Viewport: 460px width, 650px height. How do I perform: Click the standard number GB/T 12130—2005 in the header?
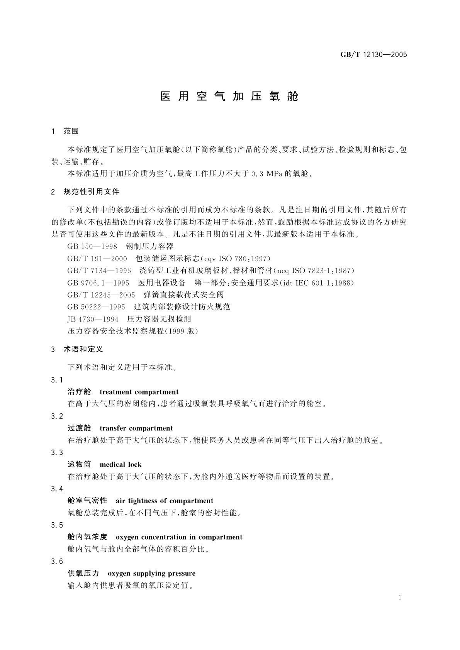click(x=373, y=54)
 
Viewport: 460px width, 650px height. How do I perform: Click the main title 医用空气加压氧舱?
click(x=229, y=96)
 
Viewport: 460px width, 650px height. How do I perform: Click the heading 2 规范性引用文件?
click(x=85, y=192)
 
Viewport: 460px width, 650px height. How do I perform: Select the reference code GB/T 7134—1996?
click(x=99, y=271)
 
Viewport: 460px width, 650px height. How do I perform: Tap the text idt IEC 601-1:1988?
click(x=316, y=283)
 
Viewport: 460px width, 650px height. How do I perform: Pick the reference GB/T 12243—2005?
click(x=101, y=295)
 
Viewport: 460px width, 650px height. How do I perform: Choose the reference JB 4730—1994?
click(x=93, y=319)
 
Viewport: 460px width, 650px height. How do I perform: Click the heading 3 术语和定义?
click(x=77, y=349)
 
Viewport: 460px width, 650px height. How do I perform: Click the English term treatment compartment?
click(x=139, y=392)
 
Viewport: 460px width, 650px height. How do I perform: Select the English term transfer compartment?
click(x=136, y=428)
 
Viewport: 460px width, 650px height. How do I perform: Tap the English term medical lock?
click(x=121, y=465)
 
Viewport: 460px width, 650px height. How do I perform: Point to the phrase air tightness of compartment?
click(x=164, y=501)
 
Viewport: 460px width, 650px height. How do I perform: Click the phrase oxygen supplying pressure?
click(x=151, y=574)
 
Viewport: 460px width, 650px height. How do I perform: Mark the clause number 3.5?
click(x=57, y=525)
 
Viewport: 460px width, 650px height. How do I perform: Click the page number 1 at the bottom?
click(x=400, y=598)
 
